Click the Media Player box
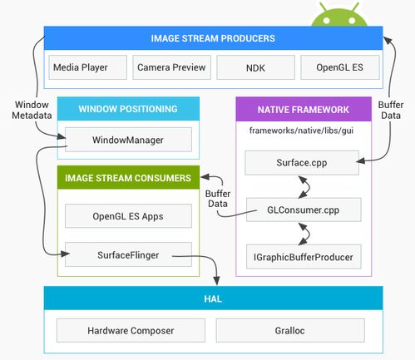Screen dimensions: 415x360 tap(88, 67)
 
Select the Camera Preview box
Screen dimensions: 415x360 tap(171, 67)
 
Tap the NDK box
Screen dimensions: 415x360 tap(255, 67)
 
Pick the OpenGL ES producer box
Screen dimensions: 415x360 tap(340, 67)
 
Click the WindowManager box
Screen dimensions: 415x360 tap(128, 140)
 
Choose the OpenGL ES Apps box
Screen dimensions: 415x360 tap(128, 216)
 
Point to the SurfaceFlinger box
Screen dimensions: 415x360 tap(128, 254)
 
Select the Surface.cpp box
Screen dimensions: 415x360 tap(302, 163)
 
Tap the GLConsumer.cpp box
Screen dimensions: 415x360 tap(304, 210)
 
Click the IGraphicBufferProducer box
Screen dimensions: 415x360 tap(304, 257)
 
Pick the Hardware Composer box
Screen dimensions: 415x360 tap(131, 330)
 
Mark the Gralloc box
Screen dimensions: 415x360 tap(290, 330)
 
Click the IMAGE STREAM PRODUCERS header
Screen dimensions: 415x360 tap(213, 38)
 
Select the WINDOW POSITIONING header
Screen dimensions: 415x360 tap(128, 109)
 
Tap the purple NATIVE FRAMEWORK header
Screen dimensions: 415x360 tap(304, 109)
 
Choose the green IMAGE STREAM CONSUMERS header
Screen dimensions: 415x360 tap(128, 178)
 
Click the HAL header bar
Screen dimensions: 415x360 tap(213, 298)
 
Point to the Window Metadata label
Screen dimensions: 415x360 tap(32, 110)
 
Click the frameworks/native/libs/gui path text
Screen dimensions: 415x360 tap(301, 131)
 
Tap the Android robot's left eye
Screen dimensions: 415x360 tap(327, 20)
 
